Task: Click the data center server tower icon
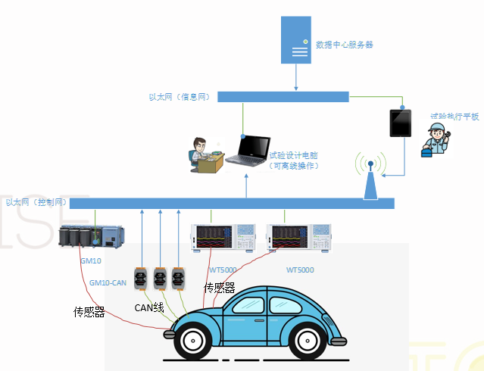tap(295, 42)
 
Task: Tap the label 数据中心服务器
tap(345, 45)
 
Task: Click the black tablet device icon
tap(399, 122)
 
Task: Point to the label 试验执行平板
tap(454, 117)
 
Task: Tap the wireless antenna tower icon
tap(370, 176)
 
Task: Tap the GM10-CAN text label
tap(107, 282)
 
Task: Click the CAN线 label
tap(149, 307)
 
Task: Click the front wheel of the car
tap(189, 340)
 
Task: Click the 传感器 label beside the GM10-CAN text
tap(89, 312)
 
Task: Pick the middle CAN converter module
tap(160, 278)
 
